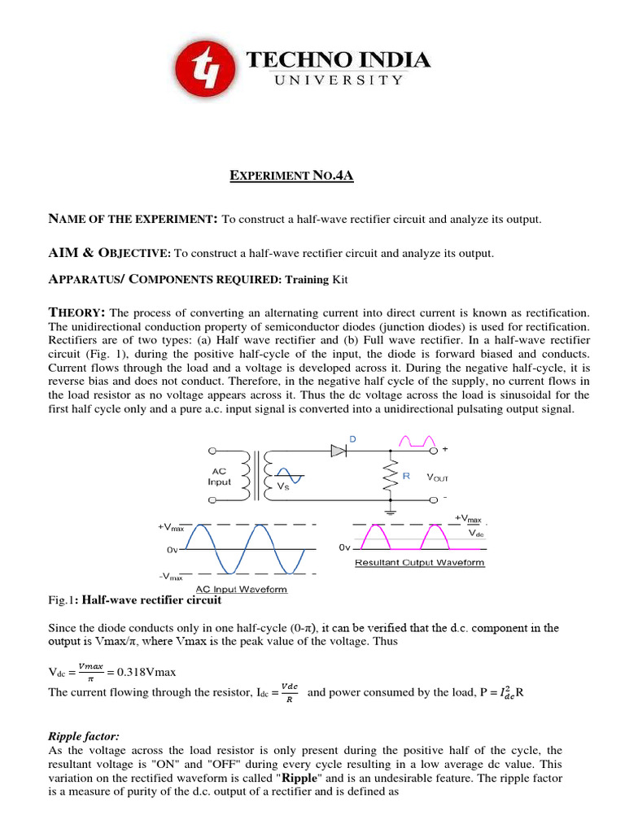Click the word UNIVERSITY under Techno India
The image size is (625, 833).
pyautogui.click(x=338, y=80)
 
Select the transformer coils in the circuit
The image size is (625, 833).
pyautogui.click(x=263, y=477)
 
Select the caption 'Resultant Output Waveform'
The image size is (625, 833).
pyautogui.click(x=419, y=562)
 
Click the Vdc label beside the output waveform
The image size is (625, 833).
pyautogui.click(x=477, y=534)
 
